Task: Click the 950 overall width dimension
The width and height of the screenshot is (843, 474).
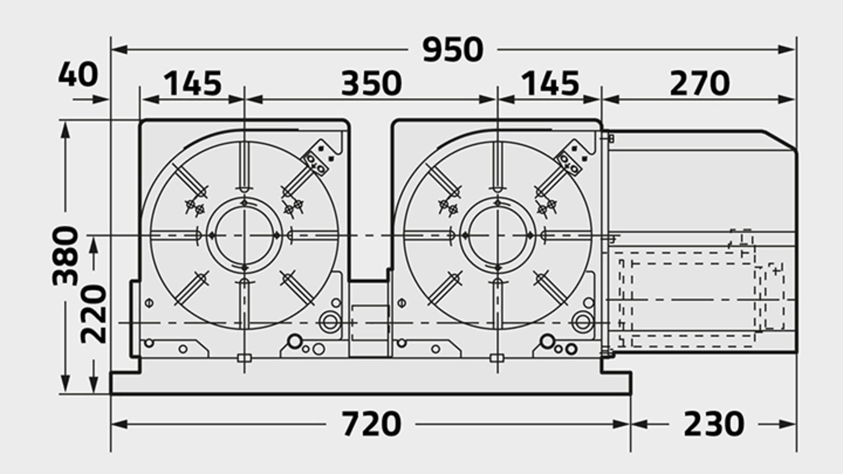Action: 453,50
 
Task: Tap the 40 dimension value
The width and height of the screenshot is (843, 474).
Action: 77,74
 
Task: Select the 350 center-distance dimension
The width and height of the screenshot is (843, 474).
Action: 371,84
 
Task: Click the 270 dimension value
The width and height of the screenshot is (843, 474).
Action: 699,84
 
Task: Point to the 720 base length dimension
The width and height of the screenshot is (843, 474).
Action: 371,424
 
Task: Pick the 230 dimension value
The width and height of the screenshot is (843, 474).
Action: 713,424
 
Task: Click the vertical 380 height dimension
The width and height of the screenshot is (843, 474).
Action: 66,256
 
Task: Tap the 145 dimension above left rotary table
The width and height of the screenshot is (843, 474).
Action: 192,84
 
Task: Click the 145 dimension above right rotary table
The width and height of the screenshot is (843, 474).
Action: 550,84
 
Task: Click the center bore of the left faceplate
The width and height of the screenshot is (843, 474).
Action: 244,235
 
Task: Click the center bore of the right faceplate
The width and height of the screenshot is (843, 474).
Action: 496,235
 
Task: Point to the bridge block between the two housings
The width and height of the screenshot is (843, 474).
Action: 370,319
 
